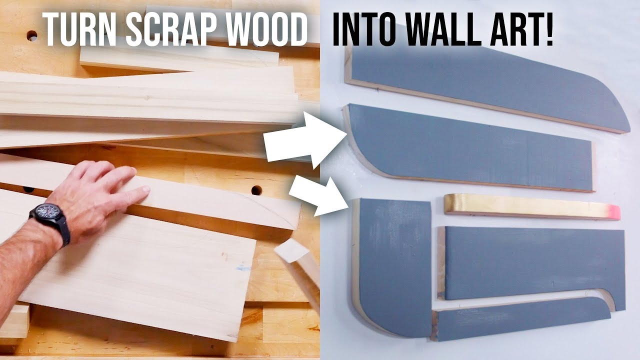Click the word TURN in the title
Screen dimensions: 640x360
click(79, 29)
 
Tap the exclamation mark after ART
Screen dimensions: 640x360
click(549, 29)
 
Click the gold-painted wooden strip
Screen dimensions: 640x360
click(532, 207)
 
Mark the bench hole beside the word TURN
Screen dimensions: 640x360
click(32, 35)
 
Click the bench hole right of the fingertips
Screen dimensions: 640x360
click(256, 190)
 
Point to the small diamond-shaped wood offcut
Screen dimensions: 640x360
click(291, 250)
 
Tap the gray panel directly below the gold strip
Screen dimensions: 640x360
click(531, 264)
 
